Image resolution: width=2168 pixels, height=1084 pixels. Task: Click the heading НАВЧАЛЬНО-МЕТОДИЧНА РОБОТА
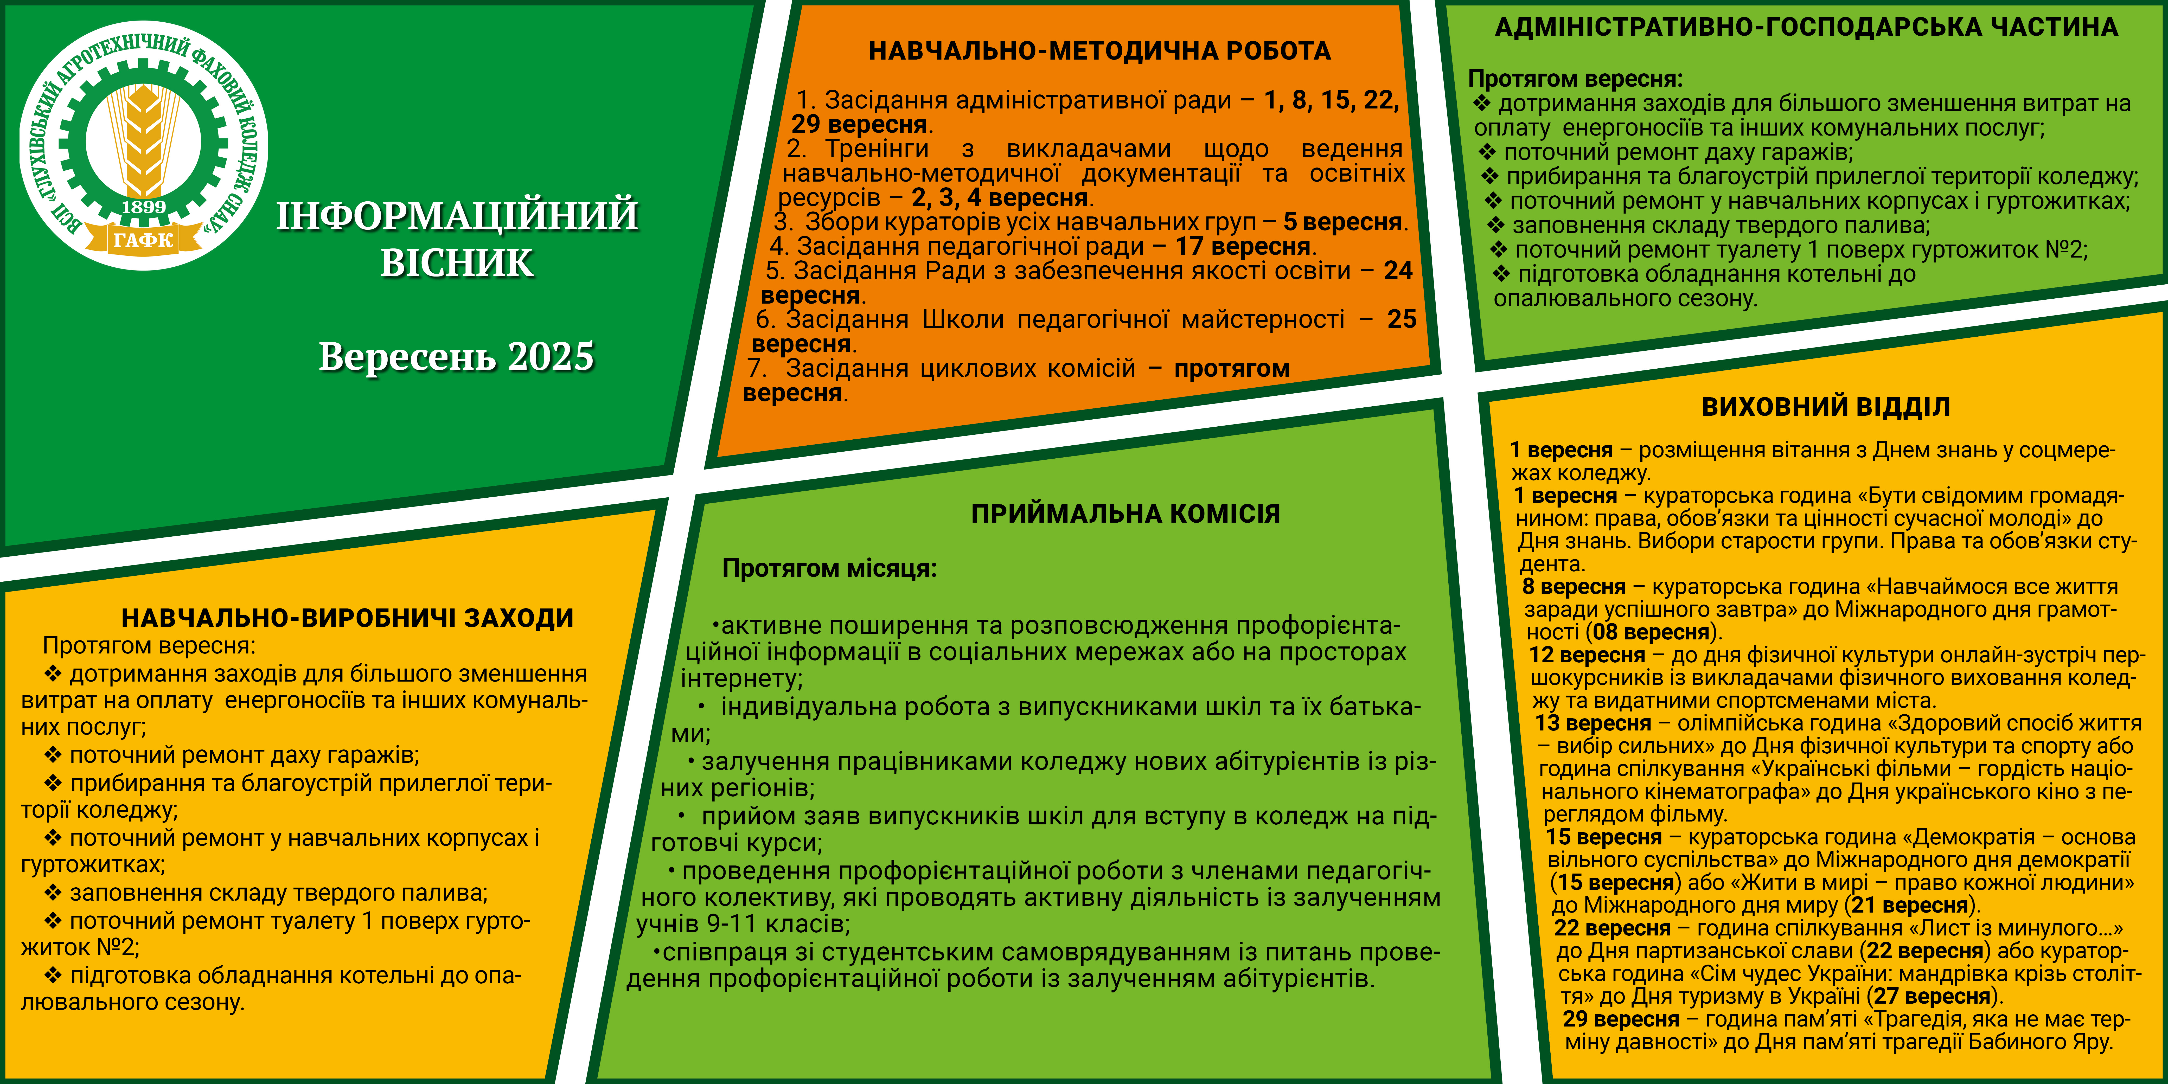[1099, 51]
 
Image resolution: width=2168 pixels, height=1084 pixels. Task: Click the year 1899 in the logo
[144, 206]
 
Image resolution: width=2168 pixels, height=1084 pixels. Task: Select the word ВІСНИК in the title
[457, 262]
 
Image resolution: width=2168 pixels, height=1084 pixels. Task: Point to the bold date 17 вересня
[1243, 247]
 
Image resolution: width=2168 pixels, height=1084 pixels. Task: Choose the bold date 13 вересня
[1593, 723]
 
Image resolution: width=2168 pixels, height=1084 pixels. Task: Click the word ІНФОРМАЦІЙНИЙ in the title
[457, 215]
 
